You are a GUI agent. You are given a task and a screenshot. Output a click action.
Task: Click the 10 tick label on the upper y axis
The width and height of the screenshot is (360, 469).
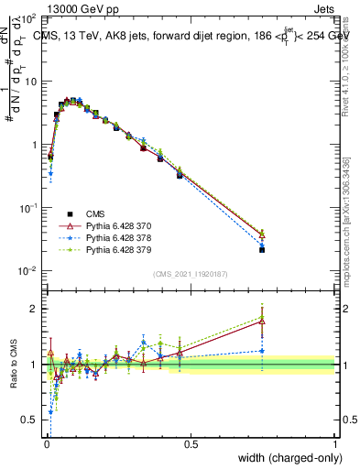(x=31, y=82)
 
